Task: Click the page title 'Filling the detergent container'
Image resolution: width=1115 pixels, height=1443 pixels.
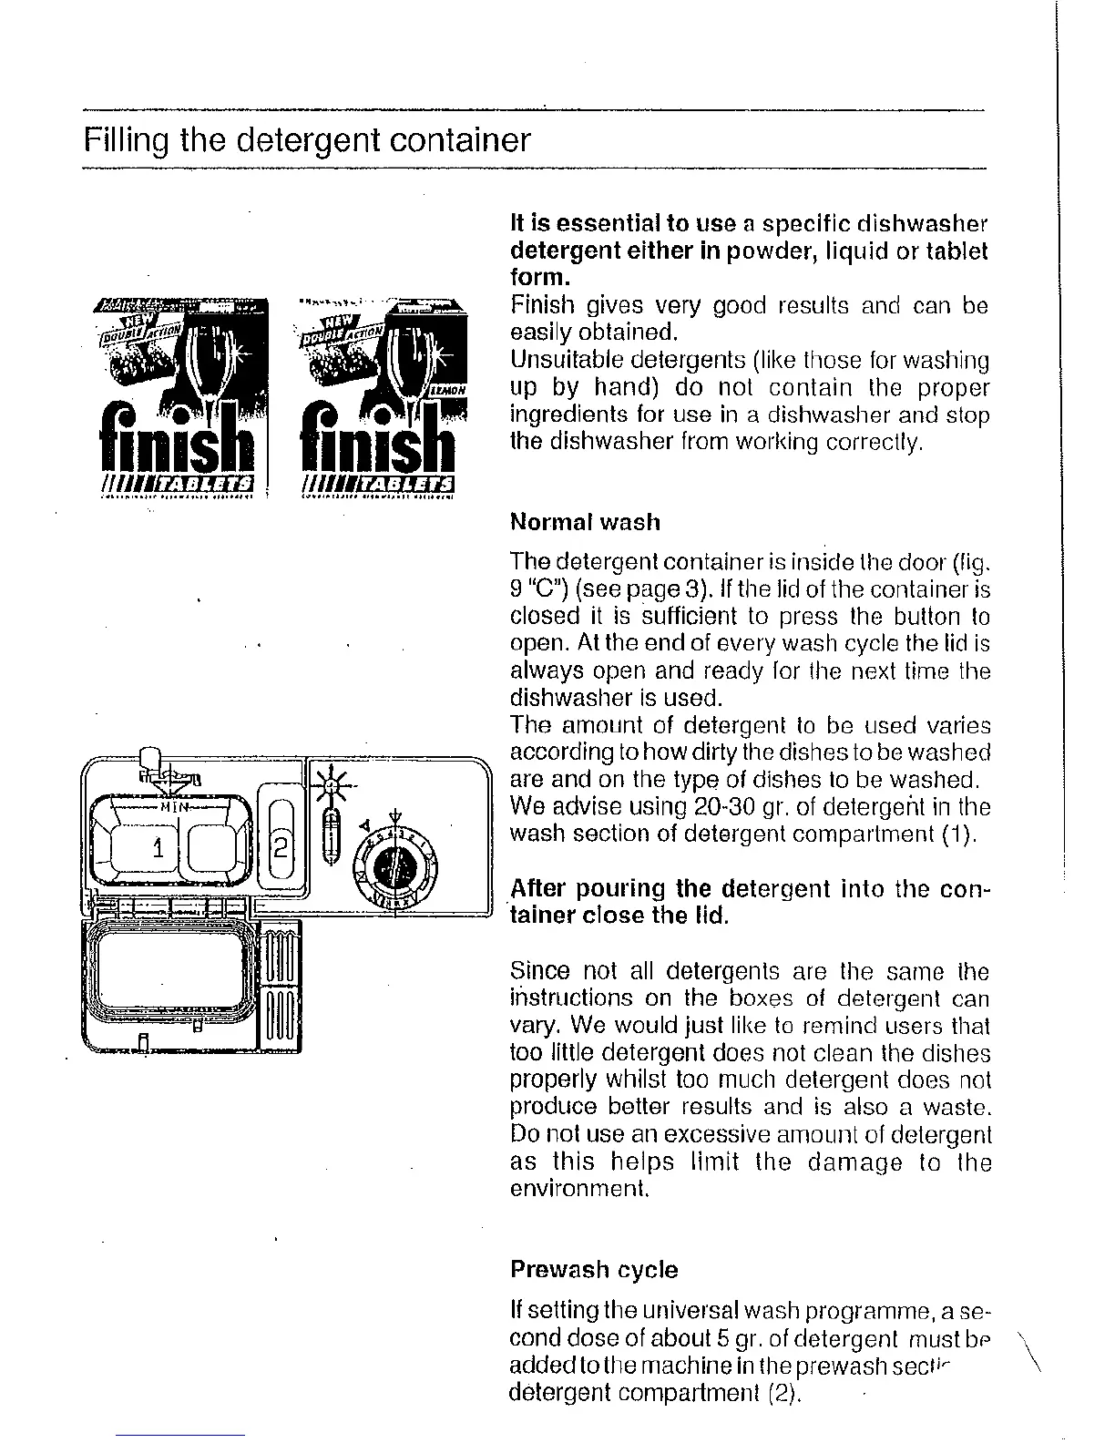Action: tap(306, 141)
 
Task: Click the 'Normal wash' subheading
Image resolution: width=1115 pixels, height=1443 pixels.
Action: tap(585, 522)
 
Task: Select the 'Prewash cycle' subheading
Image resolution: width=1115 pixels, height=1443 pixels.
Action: tap(594, 1270)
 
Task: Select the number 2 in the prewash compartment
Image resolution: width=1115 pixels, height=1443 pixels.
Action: tap(281, 850)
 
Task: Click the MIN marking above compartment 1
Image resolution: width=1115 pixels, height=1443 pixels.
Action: tap(173, 806)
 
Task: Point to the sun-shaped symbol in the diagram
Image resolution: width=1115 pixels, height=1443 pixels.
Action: tap(332, 783)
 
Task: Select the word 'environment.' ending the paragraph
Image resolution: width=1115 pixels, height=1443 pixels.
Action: tap(578, 1189)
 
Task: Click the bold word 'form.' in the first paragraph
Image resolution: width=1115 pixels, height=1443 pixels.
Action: tap(539, 277)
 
